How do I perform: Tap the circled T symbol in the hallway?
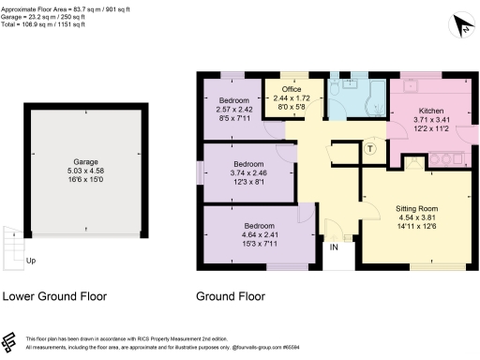coord(370,148)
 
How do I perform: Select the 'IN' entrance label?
coord(333,247)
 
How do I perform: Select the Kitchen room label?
coord(417,111)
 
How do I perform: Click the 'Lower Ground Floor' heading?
coord(54,296)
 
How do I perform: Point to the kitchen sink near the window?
coord(410,86)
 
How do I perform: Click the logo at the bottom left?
coord(11,341)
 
